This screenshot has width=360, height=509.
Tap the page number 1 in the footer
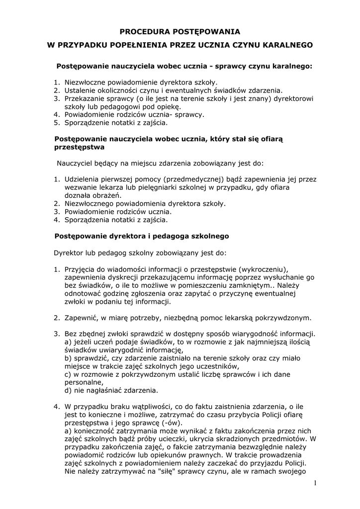point(315,483)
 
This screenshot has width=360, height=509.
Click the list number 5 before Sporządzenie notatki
point(56,122)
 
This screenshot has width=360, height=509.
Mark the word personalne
point(84,382)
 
